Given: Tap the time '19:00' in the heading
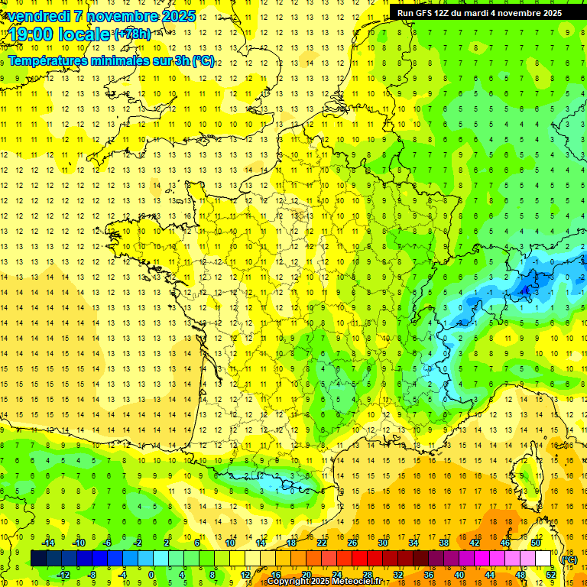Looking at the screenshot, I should tap(34, 34).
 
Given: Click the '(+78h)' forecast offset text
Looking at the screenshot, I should tap(132, 34).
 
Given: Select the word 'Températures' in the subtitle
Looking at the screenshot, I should tap(50, 60).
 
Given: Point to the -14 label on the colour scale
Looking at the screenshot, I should tap(47, 543).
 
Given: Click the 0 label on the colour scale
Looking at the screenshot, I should tap(151, 575).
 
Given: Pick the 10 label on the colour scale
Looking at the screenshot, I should tap(230, 543).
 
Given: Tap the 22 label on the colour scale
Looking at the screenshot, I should tap(322, 543).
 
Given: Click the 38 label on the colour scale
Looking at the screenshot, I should tap(444, 543).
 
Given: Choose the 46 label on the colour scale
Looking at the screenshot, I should tap(505, 543).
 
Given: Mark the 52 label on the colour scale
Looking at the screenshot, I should tap(550, 575).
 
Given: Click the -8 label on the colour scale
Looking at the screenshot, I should tap(92, 575).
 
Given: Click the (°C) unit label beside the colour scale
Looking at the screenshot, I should tap(569, 559).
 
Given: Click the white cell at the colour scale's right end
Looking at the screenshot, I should tap(543, 559).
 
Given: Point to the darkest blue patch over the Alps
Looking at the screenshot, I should tap(526, 289).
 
